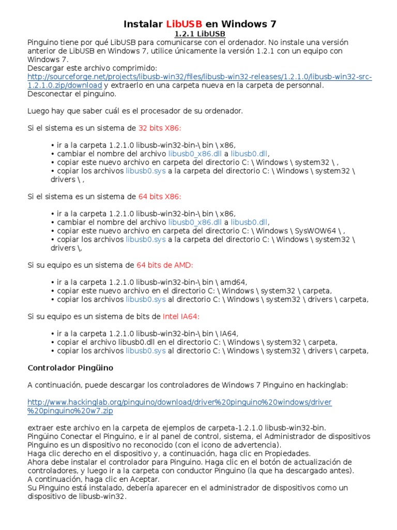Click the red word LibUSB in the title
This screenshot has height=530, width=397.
click(x=184, y=24)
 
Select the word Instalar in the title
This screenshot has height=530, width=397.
click(x=143, y=24)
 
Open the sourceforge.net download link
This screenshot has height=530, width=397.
click(x=200, y=77)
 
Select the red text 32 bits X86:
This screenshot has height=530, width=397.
click(x=160, y=128)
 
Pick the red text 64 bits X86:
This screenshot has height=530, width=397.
click(x=160, y=196)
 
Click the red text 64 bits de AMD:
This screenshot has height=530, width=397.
click(x=164, y=264)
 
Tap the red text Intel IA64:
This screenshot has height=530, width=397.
click(x=181, y=316)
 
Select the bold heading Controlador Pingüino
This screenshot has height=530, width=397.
click(x=70, y=367)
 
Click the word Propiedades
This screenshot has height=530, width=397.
click(x=289, y=453)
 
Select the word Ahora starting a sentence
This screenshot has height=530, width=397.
click(x=39, y=462)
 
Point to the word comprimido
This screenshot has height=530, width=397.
click(x=132, y=68)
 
